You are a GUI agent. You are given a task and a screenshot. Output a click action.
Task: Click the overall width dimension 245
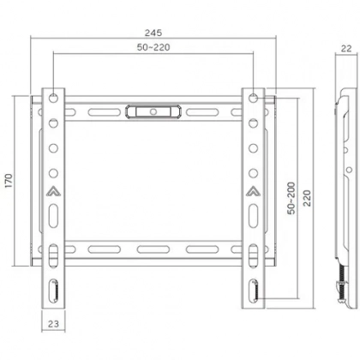(x=153, y=29)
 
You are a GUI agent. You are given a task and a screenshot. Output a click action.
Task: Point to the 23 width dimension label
(x=52, y=324)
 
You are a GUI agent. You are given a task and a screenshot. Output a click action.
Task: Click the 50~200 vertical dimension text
(x=291, y=196)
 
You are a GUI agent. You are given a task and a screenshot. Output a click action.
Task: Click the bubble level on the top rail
(x=154, y=110)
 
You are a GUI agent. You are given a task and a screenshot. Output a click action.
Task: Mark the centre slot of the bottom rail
(x=154, y=250)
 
